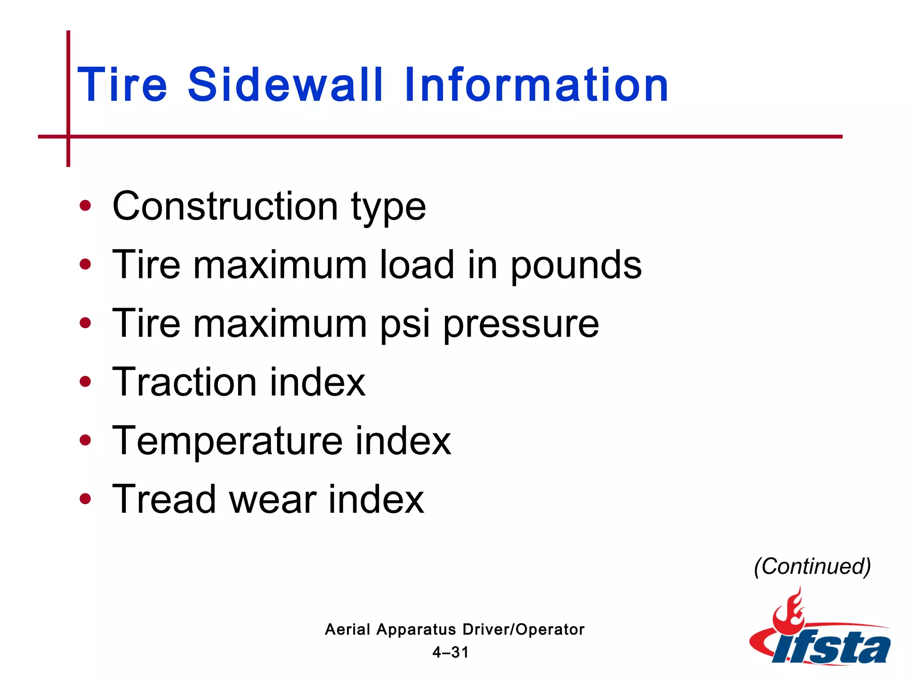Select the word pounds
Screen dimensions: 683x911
pos(576,265)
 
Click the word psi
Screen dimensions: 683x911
pos(405,324)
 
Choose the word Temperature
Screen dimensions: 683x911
pos(227,442)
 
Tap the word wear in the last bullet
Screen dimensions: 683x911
pos(273,500)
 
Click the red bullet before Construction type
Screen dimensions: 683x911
pos(85,206)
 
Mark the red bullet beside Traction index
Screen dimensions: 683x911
pos(85,382)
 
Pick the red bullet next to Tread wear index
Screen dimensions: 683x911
pos(85,499)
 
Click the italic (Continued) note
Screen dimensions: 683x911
pos(812,566)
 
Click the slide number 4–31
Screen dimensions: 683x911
pos(451,652)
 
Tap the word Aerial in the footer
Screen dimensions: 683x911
pos(347,630)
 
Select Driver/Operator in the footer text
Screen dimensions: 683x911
pos(524,630)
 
